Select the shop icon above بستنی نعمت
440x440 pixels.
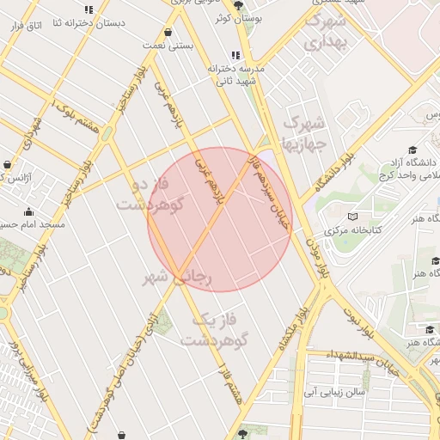(168, 32)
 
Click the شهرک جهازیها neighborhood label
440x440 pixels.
(304, 133)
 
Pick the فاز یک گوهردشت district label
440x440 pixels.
(214, 329)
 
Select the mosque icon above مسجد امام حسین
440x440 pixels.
(29, 212)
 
